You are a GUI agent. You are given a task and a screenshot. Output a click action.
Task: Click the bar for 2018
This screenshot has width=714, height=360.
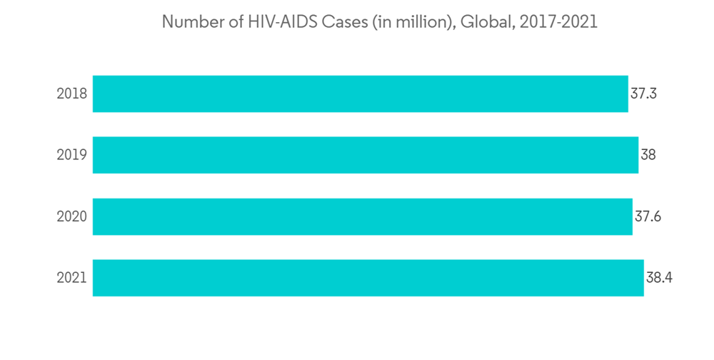(361, 94)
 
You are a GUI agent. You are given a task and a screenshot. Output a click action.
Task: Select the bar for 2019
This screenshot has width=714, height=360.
(366, 155)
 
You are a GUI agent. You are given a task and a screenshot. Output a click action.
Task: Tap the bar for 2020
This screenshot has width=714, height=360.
(363, 216)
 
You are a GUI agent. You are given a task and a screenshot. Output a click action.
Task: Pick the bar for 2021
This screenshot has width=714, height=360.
(368, 278)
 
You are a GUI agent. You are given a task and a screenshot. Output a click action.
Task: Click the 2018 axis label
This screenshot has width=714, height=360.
(71, 94)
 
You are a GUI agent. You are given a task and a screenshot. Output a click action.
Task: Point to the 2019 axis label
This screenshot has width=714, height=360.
(71, 155)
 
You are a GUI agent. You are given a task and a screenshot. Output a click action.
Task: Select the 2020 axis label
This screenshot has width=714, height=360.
(71, 216)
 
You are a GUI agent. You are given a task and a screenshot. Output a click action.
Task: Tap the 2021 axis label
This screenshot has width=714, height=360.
(71, 278)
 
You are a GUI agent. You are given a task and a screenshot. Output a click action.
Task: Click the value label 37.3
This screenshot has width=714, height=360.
(643, 94)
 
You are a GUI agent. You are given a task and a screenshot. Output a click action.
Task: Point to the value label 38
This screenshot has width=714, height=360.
(648, 155)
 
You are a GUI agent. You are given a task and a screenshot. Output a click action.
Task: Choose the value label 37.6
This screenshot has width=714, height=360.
(648, 216)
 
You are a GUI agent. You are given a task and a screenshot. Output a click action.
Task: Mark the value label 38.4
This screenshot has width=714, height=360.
(659, 278)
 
